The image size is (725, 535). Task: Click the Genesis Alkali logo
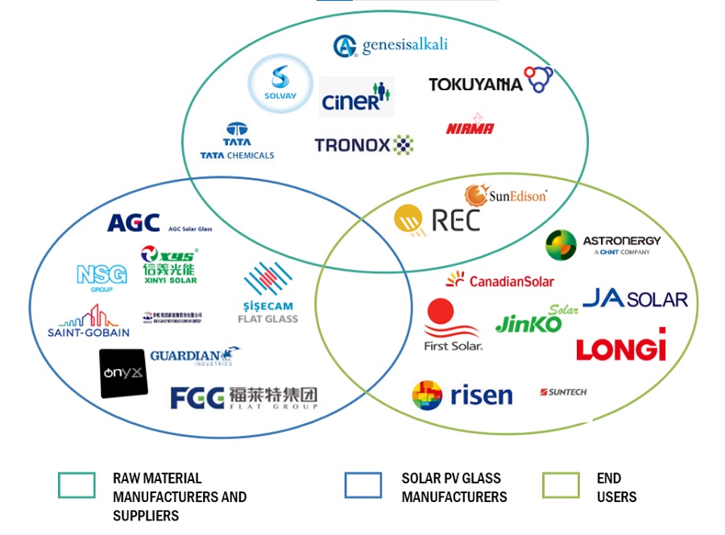pos(390,46)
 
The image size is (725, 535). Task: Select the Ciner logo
pos(356,97)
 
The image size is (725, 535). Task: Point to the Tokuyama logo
pos(490,82)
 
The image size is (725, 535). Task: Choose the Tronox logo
pos(363,145)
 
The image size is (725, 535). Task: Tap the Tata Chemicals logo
pos(237,141)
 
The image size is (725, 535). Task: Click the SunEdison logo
pos(505,195)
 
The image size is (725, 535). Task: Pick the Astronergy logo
pos(603,244)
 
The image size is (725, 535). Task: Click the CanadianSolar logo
pos(499,280)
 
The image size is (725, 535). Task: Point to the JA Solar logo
pos(635,299)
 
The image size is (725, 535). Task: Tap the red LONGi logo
pos(621,346)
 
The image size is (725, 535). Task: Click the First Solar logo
pos(452,324)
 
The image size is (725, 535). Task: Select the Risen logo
pos(462,395)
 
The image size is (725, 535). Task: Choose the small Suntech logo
pos(563,392)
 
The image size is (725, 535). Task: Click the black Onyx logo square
pos(123,373)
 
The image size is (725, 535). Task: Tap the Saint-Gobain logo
pos(88,321)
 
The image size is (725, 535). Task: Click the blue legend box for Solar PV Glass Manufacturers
pos(362,485)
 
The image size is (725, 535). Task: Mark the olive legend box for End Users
pos(561,485)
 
